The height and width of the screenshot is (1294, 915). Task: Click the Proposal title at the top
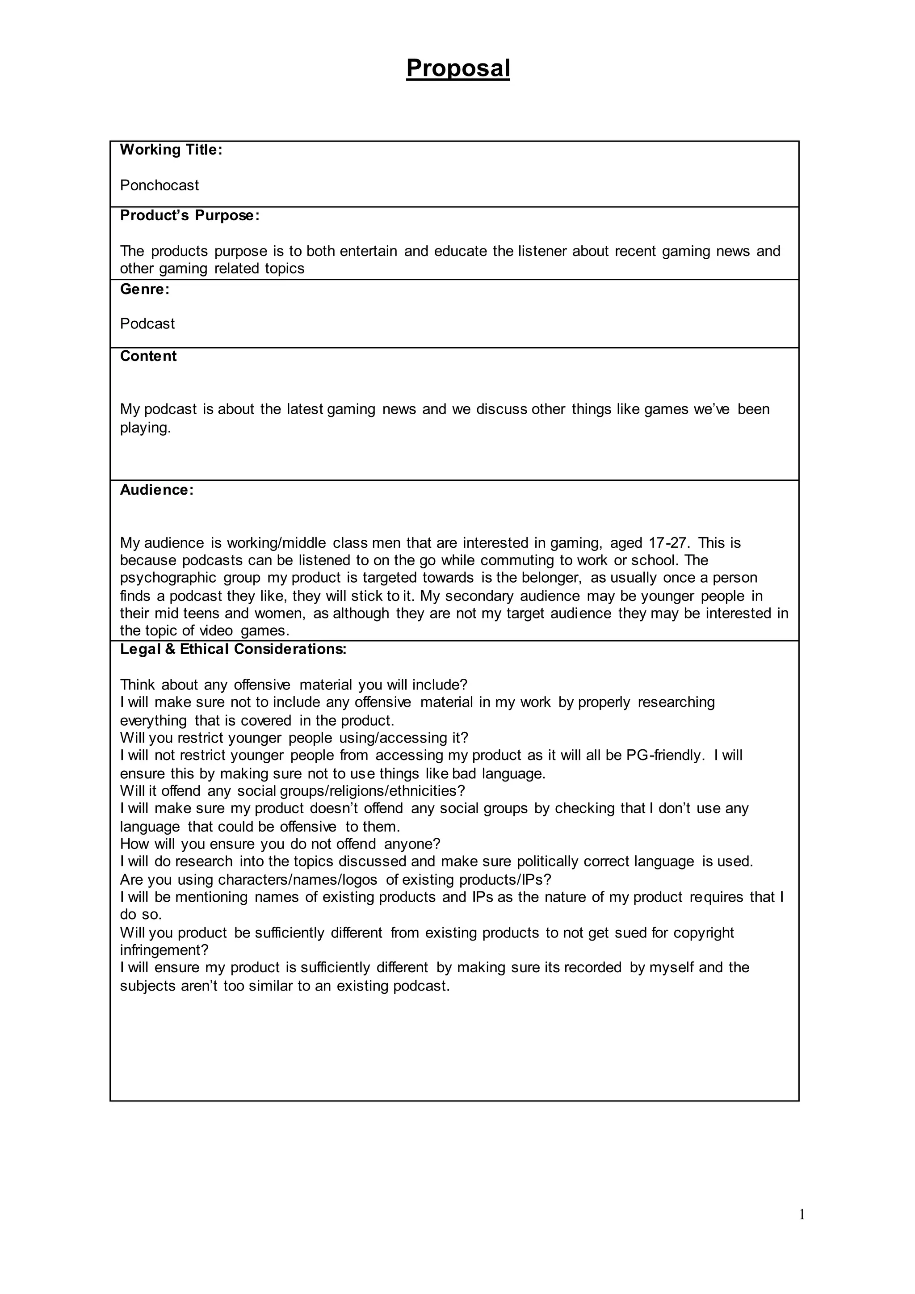click(x=457, y=68)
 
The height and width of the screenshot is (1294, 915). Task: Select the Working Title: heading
click(x=171, y=150)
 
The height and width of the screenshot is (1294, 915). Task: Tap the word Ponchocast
click(x=159, y=185)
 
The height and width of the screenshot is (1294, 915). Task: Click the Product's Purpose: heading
click(x=190, y=216)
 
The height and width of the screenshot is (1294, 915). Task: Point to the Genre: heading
click(x=145, y=290)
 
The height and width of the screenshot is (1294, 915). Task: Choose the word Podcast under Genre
click(x=147, y=324)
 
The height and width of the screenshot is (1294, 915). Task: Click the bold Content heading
click(x=148, y=356)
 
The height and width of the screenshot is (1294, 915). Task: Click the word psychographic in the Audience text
click(x=168, y=578)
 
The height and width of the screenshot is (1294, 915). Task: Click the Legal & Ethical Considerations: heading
click(x=233, y=649)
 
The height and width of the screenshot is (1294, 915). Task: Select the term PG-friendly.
click(x=665, y=756)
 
